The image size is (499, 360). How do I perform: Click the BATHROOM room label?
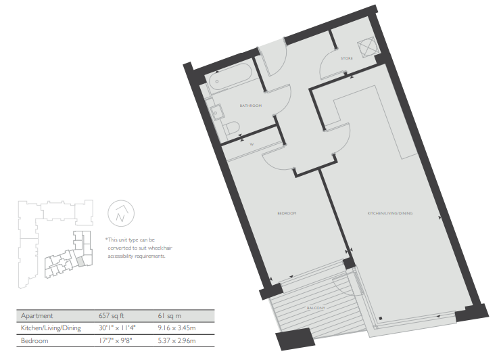click(251, 106)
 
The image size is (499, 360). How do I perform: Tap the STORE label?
click(347, 58)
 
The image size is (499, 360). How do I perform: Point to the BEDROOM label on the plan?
click(287, 213)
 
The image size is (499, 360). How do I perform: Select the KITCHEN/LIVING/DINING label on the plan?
click(390, 213)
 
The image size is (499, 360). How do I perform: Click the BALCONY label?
click(316, 308)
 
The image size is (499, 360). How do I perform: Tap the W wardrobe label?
click(252, 144)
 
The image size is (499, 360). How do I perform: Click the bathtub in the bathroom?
click(231, 76)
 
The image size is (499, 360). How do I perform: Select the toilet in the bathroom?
click(231, 128)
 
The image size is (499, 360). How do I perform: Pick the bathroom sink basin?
click(216, 112)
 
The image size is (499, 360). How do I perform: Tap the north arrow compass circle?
click(121, 213)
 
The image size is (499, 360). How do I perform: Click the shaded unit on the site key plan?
click(81, 261)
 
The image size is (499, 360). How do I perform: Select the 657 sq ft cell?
click(111, 316)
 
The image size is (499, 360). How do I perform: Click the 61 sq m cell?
click(169, 316)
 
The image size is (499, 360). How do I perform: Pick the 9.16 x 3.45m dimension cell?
click(176, 328)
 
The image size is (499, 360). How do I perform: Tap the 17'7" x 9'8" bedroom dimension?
click(115, 340)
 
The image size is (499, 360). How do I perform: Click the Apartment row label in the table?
click(37, 316)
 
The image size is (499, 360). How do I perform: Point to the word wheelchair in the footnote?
click(160, 248)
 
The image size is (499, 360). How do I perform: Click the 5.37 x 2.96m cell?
click(176, 340)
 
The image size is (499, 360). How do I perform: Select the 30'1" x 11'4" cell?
click(117, 328)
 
